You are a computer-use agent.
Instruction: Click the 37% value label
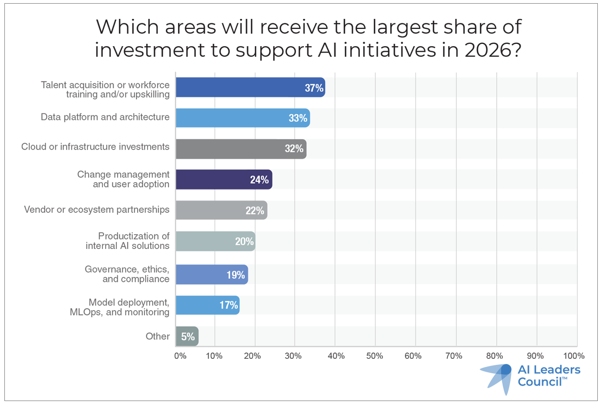pyautogui.click(x=314, y=88)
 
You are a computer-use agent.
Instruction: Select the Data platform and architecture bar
pyautogui.click(x=242, y=118)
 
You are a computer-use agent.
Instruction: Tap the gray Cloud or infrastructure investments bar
pyautogui.click(x=241, y=149)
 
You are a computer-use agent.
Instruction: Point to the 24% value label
pyautogui.click(x=259, y=180)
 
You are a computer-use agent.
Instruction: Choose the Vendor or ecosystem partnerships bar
pyautogui.click(x=221, y=210)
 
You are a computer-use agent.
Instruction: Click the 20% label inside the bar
pyautogui.click(x=244, y=241)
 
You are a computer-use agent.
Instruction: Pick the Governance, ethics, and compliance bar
pyautogui.click(x=211, y=275)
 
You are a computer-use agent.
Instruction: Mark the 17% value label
pyautogui.click(x=229, y=305)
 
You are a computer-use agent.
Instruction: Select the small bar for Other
pyautogui.click(x=187, y=336)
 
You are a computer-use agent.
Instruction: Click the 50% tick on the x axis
pyautogui.click(x=375, y=356)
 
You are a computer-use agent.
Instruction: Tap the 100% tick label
pyautogui.click(x=574, y=356)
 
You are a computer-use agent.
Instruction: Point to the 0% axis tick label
pyautogui.click(x=180, y=356)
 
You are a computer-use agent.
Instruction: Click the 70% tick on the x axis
pyautogui.click(x=454, y=356)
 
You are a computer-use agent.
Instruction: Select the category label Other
pyautogui.click(x=158, y=336)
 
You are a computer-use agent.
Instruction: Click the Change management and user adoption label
pyautogui.click(x=123, y=179)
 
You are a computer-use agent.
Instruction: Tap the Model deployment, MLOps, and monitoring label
pyautogui.click(x=120, y=307)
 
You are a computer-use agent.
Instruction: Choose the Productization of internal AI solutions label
pyautogui.click(x=128, y=241)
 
